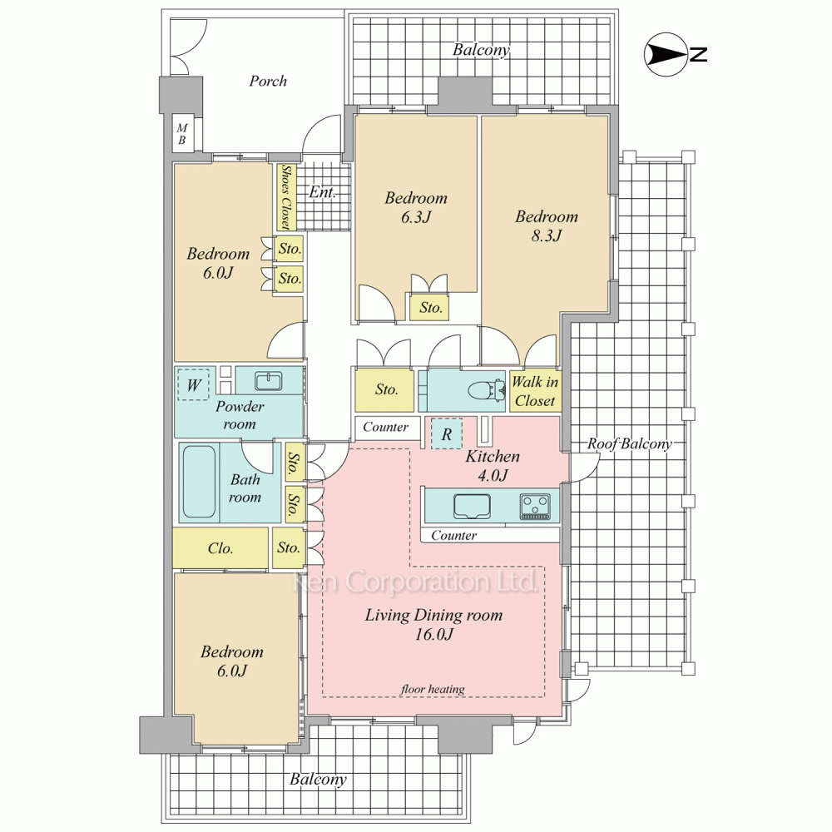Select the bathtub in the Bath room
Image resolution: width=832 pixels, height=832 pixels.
coord(200,482)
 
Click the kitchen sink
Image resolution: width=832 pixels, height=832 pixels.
coord(472,506)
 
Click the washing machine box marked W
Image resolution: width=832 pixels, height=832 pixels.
coord(194,384)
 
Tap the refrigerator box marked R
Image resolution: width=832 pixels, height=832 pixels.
coord(446,433)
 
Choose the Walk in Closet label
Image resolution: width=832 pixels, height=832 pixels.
coord(535,391)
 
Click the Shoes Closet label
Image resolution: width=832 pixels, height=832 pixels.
coord(286,197)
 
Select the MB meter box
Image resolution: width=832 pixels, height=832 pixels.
coord(182,134)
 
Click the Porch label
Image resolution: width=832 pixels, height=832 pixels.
coord(268,82)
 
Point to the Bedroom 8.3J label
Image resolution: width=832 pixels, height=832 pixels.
coord(547,225)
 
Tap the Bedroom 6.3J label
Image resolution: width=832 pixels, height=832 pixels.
coord(416,207)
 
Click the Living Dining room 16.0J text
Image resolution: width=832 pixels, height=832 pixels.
coord(433,624)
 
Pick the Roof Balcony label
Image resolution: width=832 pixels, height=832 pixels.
coord(629,443)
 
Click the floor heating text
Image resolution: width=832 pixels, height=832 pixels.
coord(433,689)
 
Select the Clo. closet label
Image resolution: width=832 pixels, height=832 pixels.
coord(220,547)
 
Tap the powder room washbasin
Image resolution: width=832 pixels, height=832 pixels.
coord(270,380)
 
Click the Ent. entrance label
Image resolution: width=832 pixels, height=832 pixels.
coord(323,191)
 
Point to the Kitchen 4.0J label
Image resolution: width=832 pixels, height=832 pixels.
coord(493,465)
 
